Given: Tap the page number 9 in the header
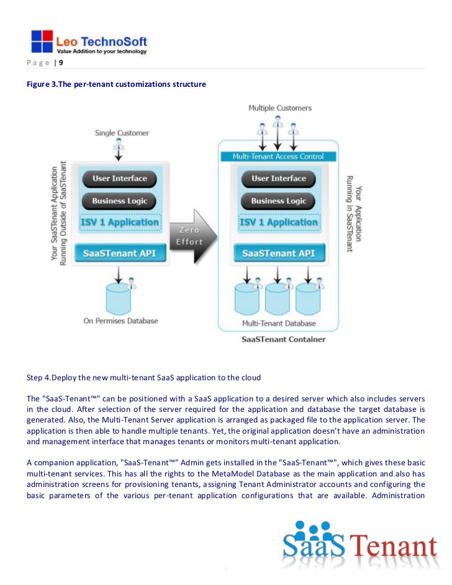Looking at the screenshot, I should tap(60, 63).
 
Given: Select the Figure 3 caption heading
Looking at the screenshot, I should tap(116, 84).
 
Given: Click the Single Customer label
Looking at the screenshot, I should tap(122, 132).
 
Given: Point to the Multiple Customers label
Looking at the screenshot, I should tap(280, 108).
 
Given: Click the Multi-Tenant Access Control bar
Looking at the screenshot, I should tap(278, 156).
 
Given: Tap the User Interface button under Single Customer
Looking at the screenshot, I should tap(119, 179).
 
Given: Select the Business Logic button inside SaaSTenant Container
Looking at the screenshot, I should tap(278, 201).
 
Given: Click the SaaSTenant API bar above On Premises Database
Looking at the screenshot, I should tap(119, 253).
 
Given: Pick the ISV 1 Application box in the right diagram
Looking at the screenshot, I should tap(278, 223).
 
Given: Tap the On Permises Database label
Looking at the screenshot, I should tap(121, 321).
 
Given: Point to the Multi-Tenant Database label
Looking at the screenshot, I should tap(278, 323).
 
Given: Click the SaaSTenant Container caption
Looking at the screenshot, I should tap(283, 339).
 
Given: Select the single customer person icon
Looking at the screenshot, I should tap(119, 145).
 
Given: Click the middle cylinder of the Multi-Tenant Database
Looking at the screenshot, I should tap(278, 297).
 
